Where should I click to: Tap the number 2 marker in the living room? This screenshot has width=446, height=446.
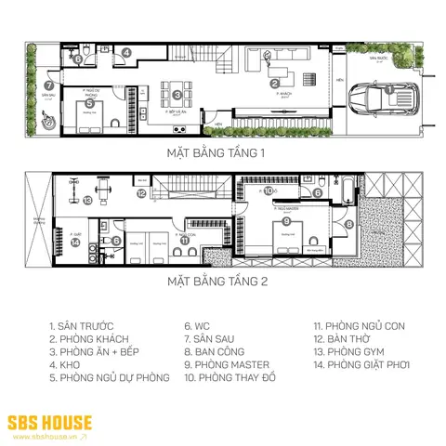275,83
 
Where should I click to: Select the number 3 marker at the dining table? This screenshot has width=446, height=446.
177,94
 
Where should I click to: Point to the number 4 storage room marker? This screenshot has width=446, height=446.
126,52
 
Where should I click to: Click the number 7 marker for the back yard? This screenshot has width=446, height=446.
49,85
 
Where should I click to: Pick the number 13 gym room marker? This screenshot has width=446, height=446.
87,199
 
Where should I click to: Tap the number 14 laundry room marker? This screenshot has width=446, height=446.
75,242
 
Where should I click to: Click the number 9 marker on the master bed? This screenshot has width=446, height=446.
287,221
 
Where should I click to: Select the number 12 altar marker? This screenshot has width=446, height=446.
141,193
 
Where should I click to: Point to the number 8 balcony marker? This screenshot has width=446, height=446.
349,224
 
